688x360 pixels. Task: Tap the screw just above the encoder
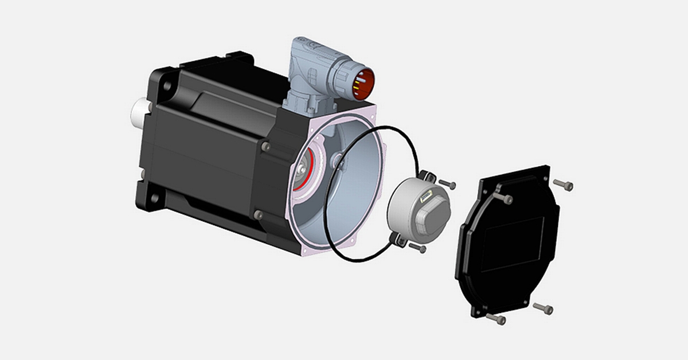point(447,185)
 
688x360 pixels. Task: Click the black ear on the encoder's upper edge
point(425,175)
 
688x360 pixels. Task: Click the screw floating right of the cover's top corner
point(564,185)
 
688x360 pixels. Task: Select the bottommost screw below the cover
point(496,318)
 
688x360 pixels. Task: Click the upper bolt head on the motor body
point(265,147)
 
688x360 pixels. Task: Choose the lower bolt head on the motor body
point(258,215)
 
